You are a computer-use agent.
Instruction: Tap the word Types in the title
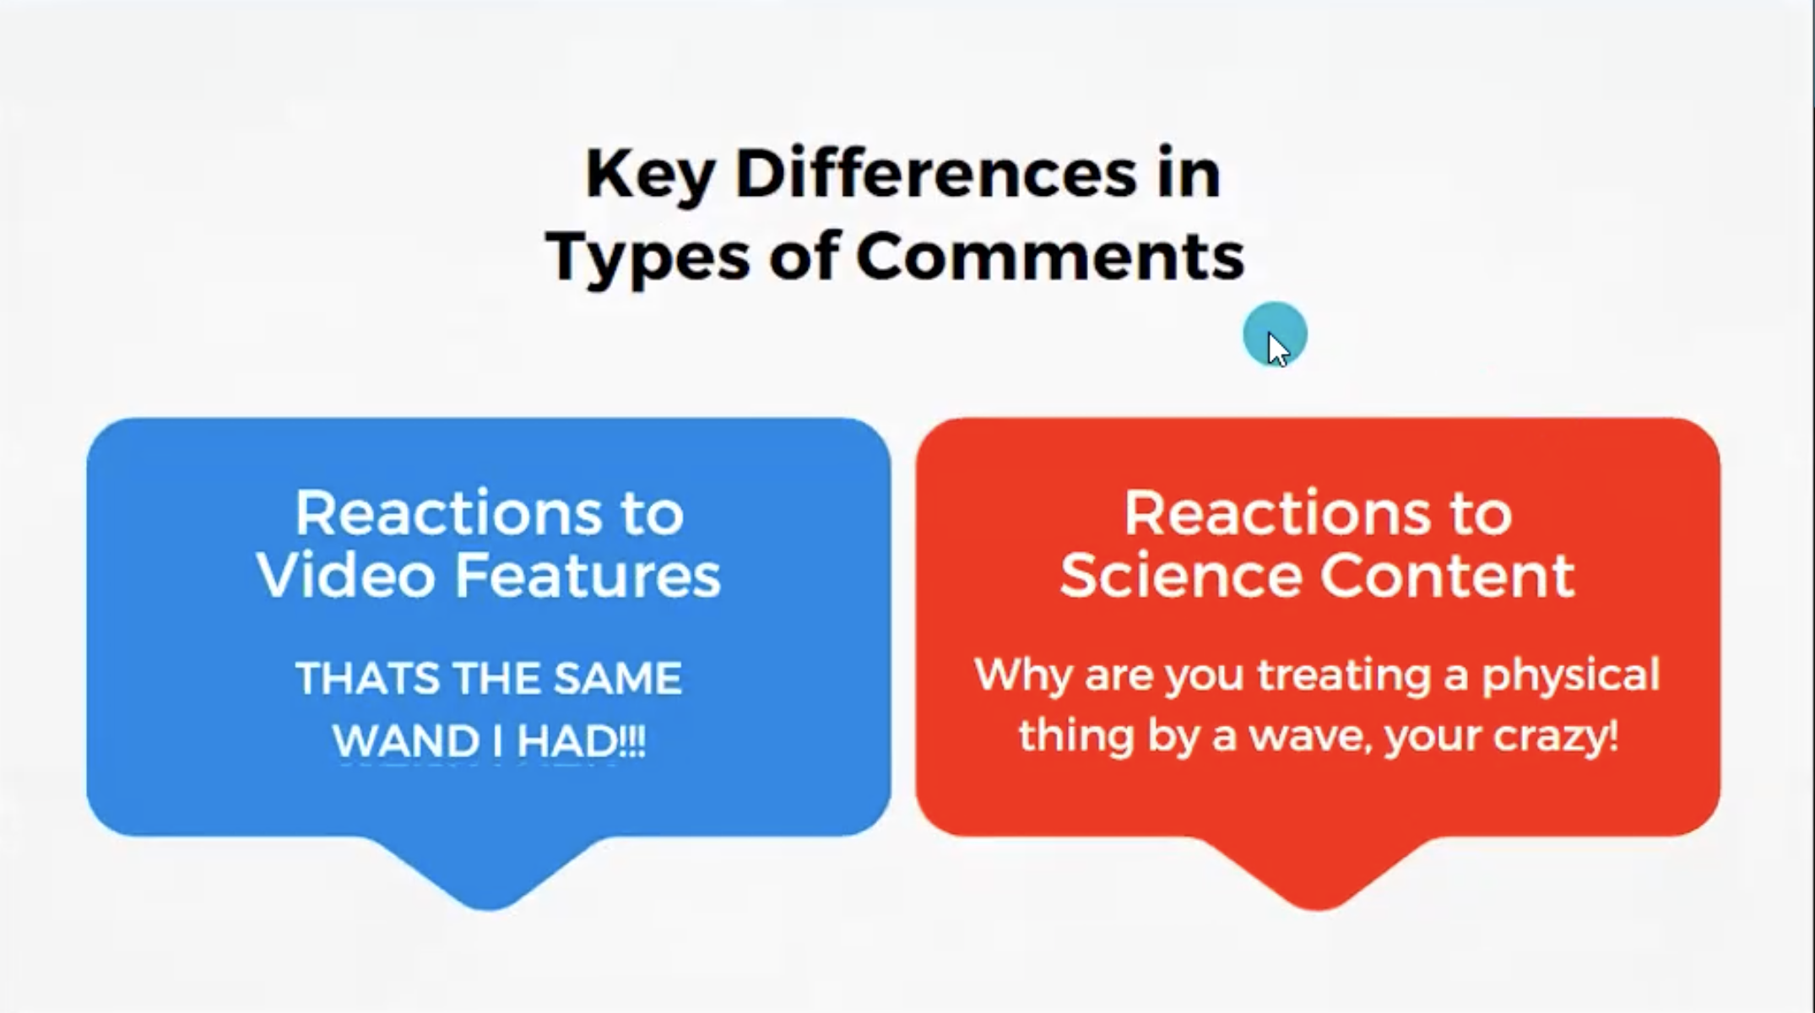(647, 257)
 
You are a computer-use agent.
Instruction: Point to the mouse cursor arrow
(1278, 349)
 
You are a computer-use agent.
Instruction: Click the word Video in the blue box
(345, 576)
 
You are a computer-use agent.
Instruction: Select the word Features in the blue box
(588, 576)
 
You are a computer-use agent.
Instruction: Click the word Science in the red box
(1181, 576)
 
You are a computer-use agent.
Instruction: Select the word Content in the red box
(1448, 576)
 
